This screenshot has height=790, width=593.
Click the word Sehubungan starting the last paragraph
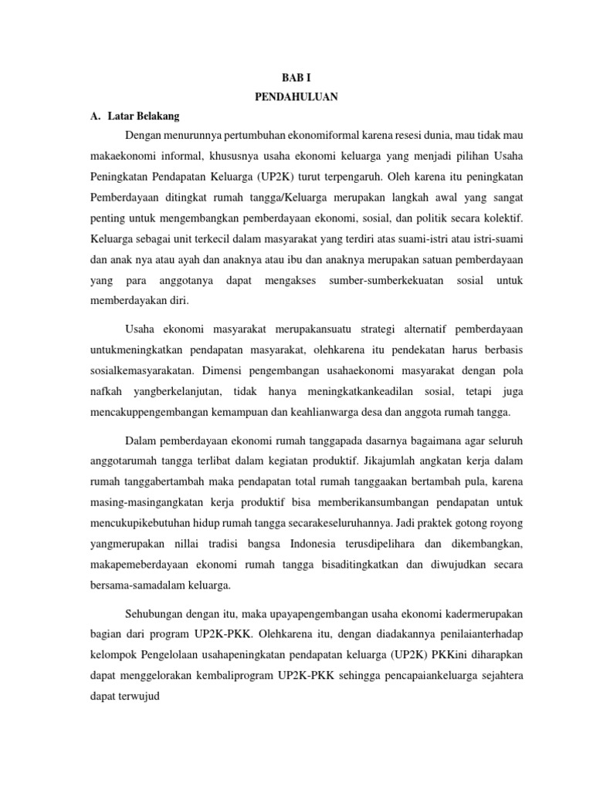pos(154,614)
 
